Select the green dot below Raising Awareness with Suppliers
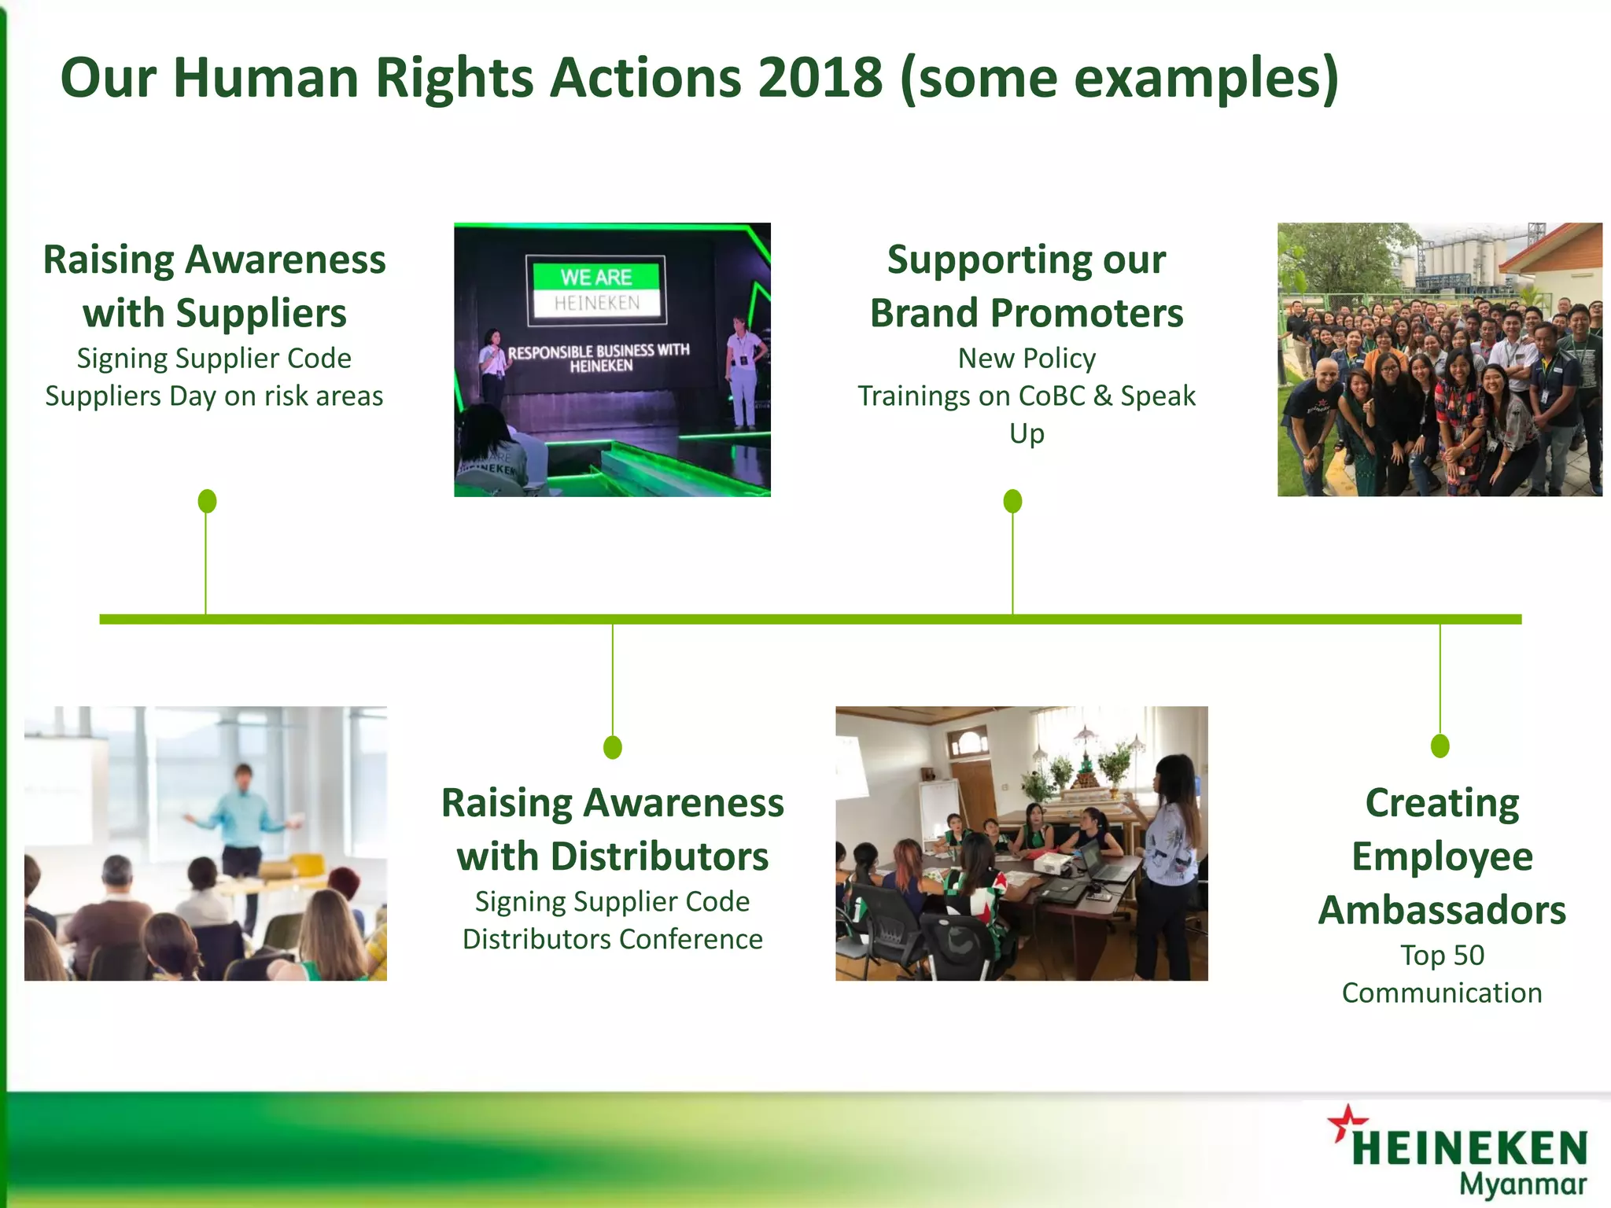pos(207,501)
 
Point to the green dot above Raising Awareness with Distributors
pos(613,746)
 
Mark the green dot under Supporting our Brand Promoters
pos(1013,501)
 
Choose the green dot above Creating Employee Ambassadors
pos(1440,746)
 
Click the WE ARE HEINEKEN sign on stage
pos(596,289)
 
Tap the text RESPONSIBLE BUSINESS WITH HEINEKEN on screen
pos(599,358)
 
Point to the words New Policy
pos(1027,359)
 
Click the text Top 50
pos(1442,955)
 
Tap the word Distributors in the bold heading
pos(659,856)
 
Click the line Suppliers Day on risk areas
pos(214,396)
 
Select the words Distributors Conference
pos(612,939)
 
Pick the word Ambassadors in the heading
pos(1442,910)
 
